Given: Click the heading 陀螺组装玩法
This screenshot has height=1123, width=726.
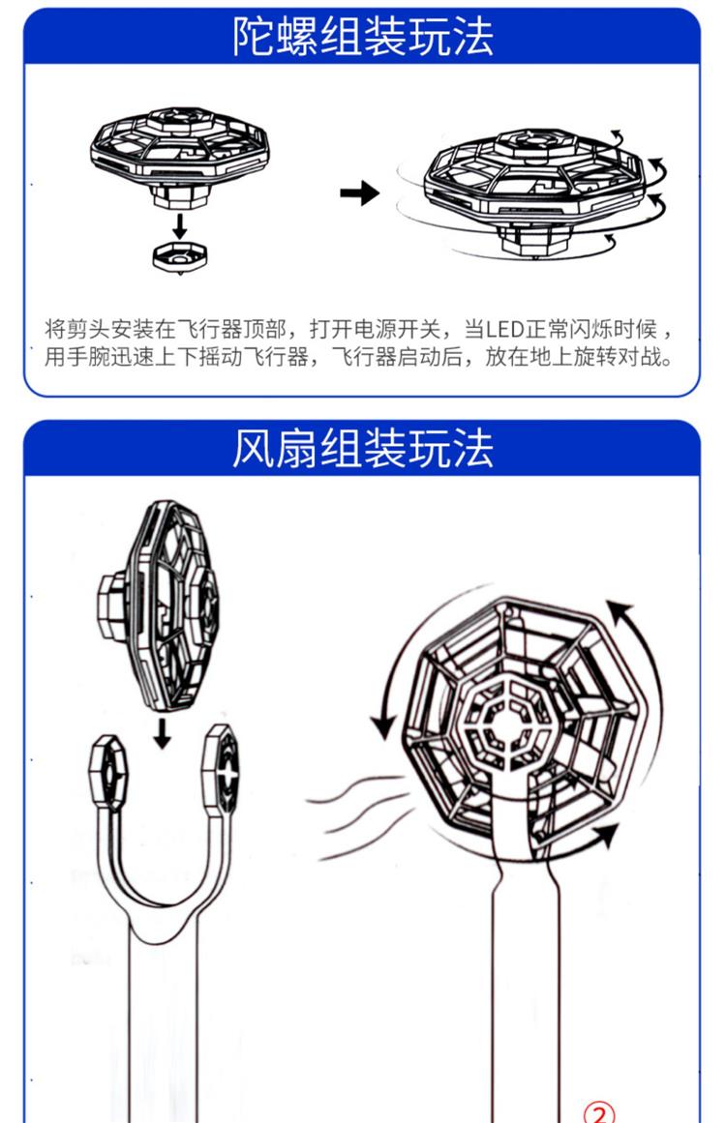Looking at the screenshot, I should click(x=362, y=37).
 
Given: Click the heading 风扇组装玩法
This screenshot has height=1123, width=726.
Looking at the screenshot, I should click(x=362, y=449).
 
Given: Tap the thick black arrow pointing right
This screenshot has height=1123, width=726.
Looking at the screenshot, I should click(x=359, y=193).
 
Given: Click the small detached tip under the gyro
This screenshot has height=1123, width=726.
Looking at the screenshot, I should click(x=181, y=256).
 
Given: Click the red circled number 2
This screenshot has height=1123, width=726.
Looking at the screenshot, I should click(x=600, y=1112).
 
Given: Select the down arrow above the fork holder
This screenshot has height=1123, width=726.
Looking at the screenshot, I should click(x=162, y=732).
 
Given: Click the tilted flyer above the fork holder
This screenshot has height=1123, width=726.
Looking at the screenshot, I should click(x=161, y=607).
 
